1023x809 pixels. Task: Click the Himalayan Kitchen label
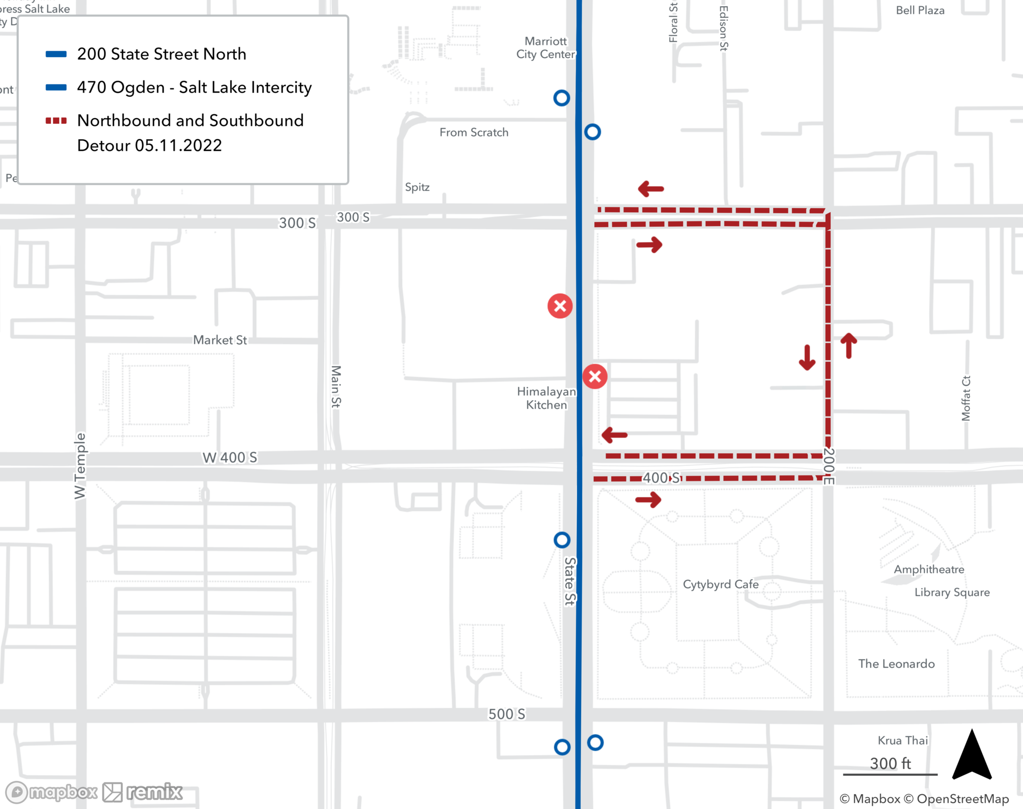546,398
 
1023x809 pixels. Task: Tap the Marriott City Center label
545,48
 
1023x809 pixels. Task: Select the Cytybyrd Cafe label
721,584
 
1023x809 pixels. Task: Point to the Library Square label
952,592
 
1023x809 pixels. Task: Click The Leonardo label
896,664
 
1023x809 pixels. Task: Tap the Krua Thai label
902,740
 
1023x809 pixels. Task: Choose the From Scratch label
474,133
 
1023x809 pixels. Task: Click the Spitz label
417,187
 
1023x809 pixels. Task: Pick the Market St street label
220,340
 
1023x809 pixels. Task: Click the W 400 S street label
230,457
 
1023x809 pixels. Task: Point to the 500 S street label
506,714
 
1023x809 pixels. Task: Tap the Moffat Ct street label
966,398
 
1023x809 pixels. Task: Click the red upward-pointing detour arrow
849,345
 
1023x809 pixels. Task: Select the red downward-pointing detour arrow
807,357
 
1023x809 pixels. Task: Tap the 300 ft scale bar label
890,763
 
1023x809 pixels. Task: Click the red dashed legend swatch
56,121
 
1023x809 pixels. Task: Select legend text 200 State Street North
162,54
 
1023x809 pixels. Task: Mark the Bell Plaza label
920,11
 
